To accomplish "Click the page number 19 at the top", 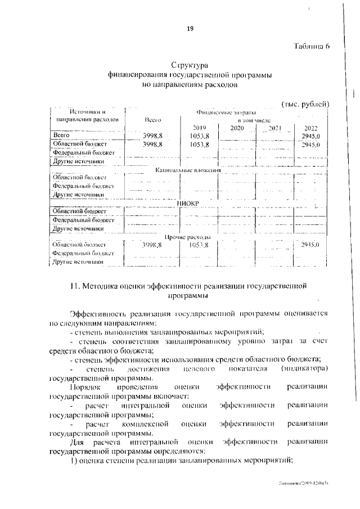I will pos(190,29).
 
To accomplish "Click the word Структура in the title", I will pos(190,65).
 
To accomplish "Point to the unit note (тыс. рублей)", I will pos(304,104).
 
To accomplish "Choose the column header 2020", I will pos(237,128).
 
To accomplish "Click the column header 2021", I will pos(274,128).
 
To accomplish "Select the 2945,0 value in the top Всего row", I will pos(310,136).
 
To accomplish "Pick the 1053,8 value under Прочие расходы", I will pos(199,245).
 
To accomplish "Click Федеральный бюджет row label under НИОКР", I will pos(83,220).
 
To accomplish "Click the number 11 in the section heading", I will pos(74,286).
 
